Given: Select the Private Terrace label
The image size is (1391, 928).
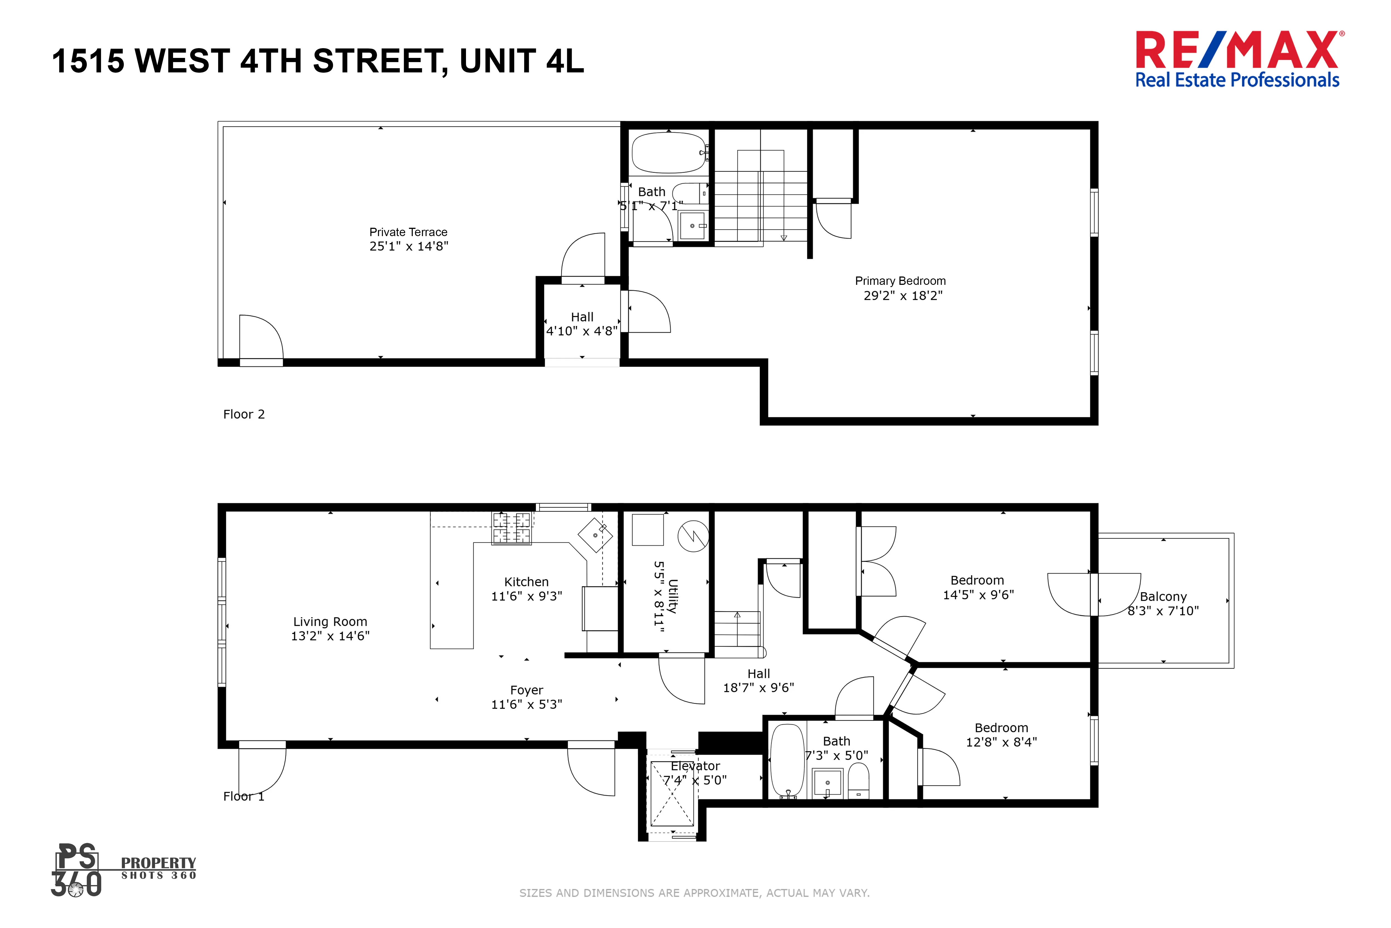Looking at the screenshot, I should [x=408, y=232].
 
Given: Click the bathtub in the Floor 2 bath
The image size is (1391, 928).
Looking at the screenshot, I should [x=668, y=153].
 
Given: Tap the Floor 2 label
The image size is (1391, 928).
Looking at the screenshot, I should [x=244, y=414].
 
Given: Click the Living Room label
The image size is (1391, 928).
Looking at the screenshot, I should [x=330, y=621].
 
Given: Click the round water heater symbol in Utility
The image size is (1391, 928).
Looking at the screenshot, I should [x=693, y=536].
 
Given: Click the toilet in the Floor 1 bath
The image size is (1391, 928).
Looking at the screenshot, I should [x=858, y=781].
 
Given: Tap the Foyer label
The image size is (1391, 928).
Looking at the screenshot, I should [x=526, y=690].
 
